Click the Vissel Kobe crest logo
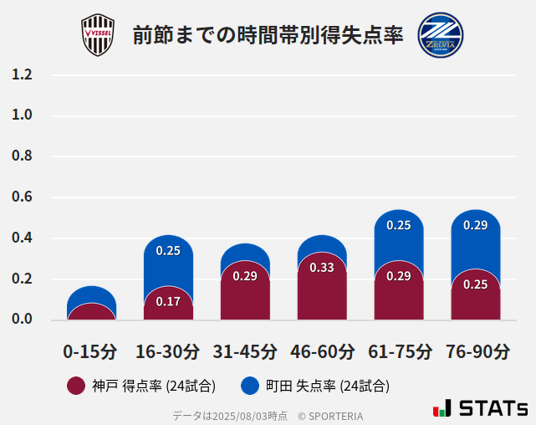97,35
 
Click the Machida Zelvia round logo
441,34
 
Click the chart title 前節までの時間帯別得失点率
268,36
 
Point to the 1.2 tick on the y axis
23,75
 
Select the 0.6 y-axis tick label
23,197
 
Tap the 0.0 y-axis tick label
23,320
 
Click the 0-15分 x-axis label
90,351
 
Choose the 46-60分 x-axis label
321,351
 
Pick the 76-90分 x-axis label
477,351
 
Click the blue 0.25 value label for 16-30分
168,250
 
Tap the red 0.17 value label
168,301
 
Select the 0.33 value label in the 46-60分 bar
322,268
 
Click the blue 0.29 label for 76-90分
476,225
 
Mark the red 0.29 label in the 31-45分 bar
245,276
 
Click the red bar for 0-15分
91,312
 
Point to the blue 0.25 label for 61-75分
399,225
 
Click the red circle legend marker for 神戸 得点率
76,386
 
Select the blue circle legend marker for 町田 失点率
249,386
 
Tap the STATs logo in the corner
481,408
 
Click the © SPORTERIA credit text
330,416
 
